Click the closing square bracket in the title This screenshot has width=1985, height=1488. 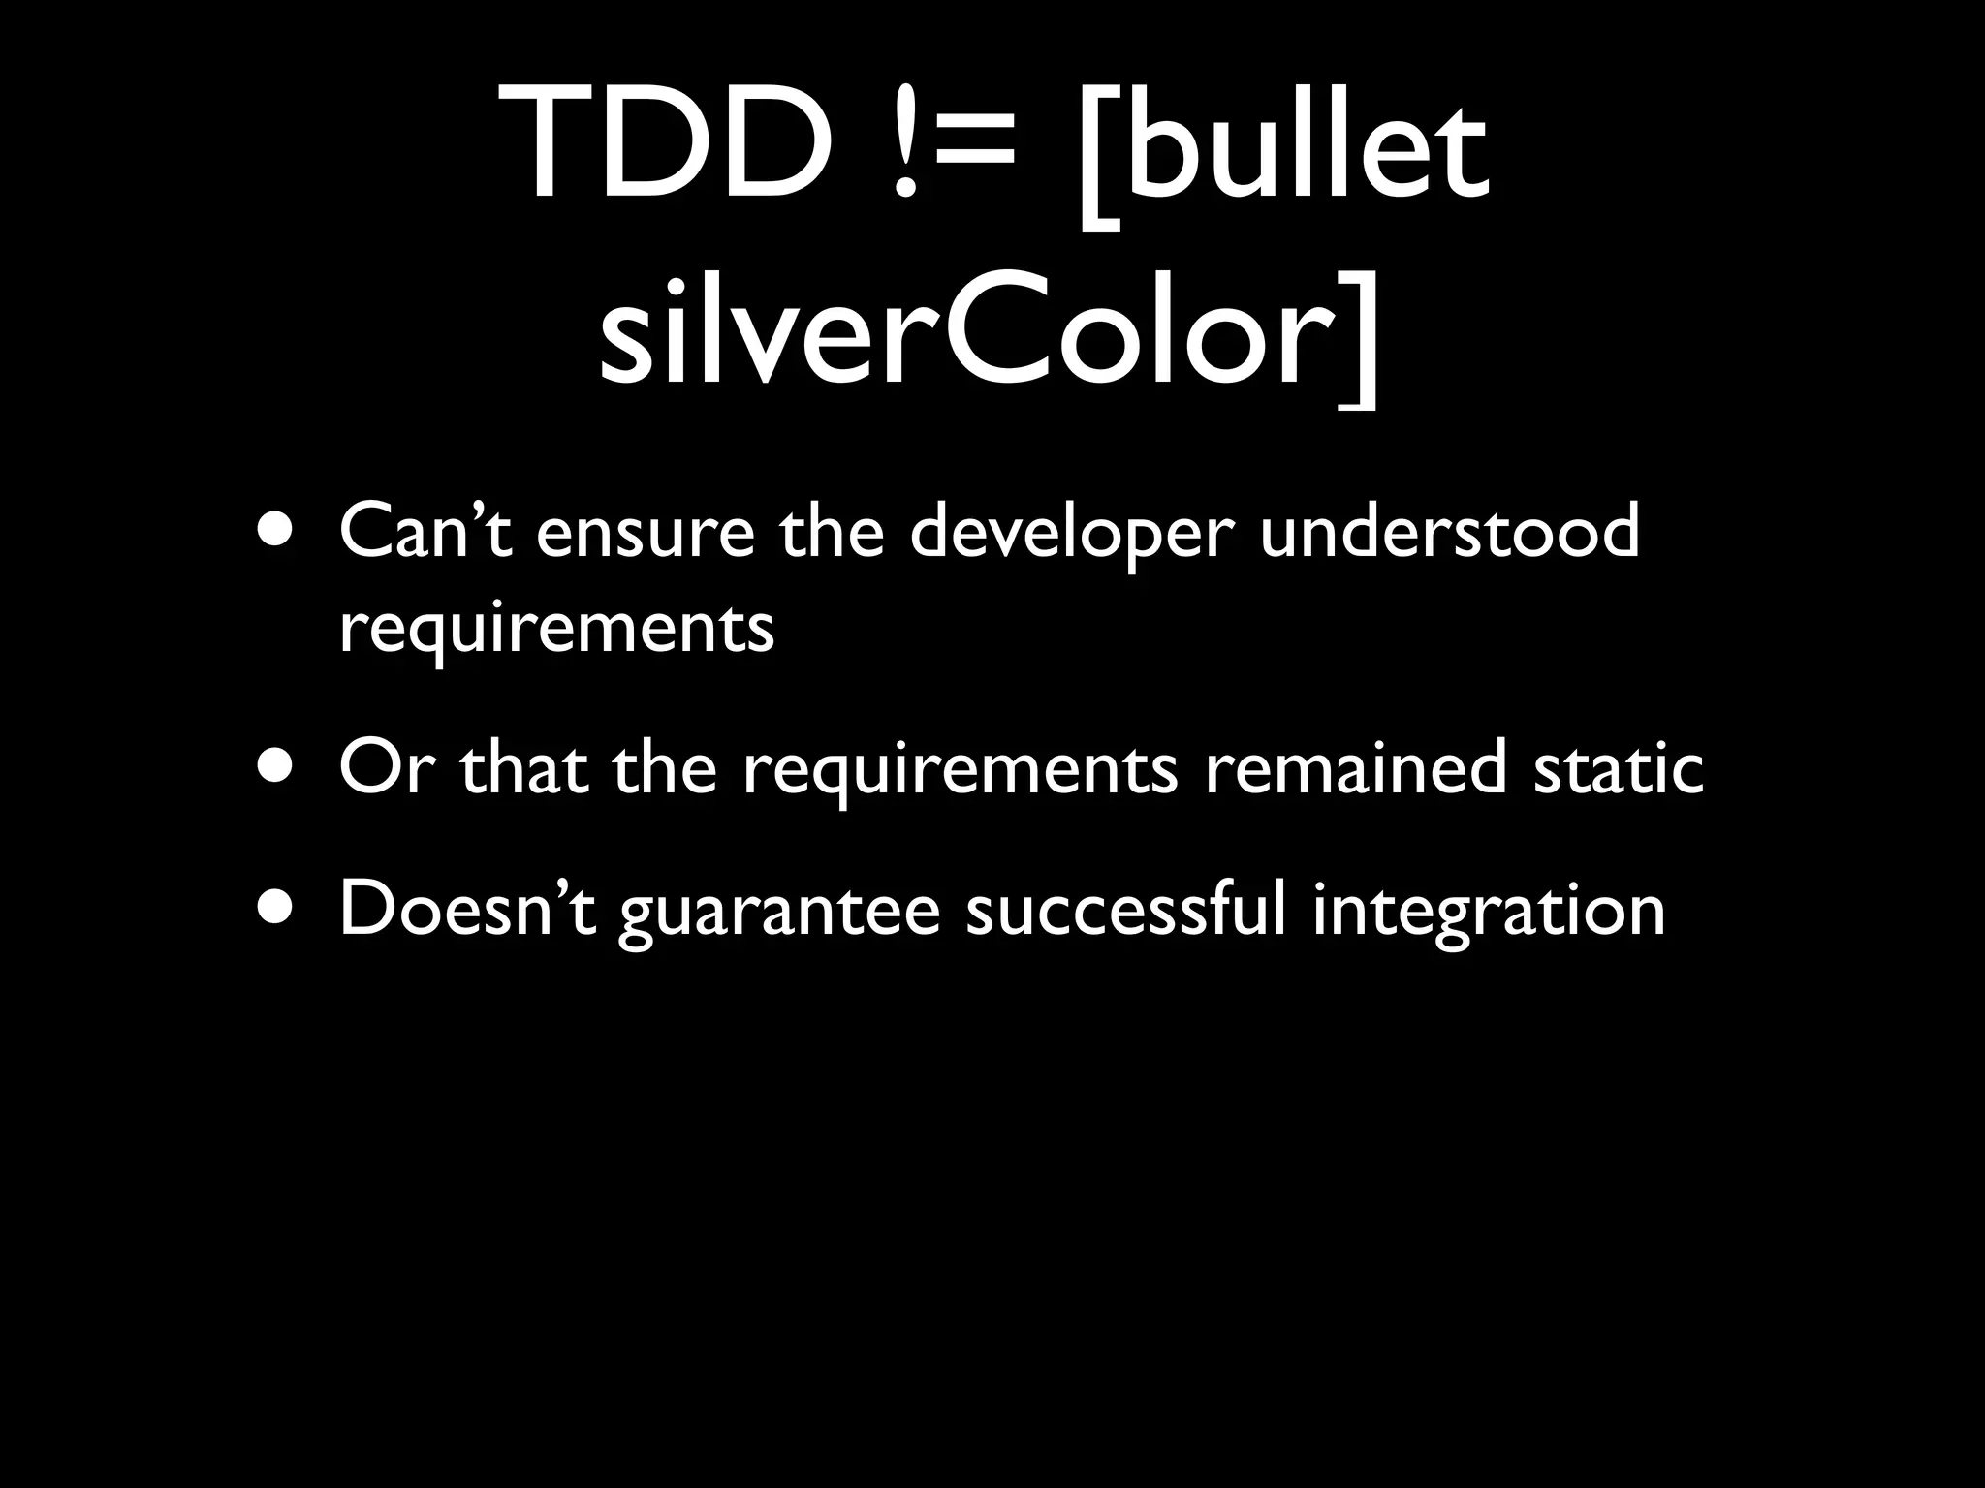click(x=1358, y=339)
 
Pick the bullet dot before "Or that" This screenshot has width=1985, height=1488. click(x=274, y=766)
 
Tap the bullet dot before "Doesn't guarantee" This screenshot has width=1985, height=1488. click(x=274, y=908)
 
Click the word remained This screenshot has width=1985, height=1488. click(x=1355, y=766)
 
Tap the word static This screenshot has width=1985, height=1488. click(x=1618, y=766)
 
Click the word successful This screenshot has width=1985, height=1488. click(x=1125, y=908)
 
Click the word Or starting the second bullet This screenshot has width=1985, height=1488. click(x=382, y=766)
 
